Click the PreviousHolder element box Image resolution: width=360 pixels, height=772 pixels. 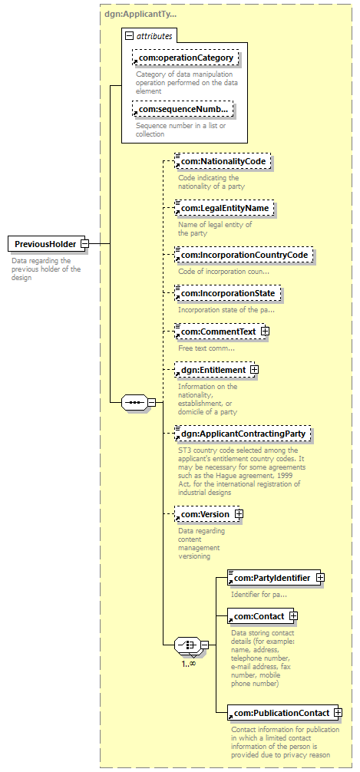pos(46,244)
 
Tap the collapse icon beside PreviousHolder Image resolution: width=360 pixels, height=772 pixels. pos(84,244)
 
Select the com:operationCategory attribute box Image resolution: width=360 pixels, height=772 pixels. pos(186,58)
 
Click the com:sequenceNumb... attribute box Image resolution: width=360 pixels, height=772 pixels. pos(183,109)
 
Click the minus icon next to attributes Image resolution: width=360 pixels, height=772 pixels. pos(129,36)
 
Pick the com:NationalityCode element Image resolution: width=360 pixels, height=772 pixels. pos(223,161)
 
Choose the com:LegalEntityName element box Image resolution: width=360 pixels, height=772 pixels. pos(225,208)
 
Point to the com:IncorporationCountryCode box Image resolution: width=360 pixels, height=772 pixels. pos(244,255)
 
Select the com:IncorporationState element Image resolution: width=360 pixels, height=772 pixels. pos(228,293)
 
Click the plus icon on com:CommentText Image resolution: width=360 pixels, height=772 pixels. pos(265,332)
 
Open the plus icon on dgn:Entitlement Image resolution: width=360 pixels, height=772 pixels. pos(254,369)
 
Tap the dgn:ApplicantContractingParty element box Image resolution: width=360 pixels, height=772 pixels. pos(243,434)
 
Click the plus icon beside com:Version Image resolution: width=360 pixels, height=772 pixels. pos(239,514)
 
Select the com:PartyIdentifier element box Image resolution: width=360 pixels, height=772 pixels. pos(273,578)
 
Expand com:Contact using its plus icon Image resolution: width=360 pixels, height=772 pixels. pos(293,616)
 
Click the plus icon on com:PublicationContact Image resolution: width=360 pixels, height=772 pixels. pos(338,712)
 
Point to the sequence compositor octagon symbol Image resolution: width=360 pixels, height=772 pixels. pos(134,402)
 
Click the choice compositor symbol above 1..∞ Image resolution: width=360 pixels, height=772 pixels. pos(187,645)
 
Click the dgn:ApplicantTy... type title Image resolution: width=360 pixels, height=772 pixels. pos(140,14)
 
